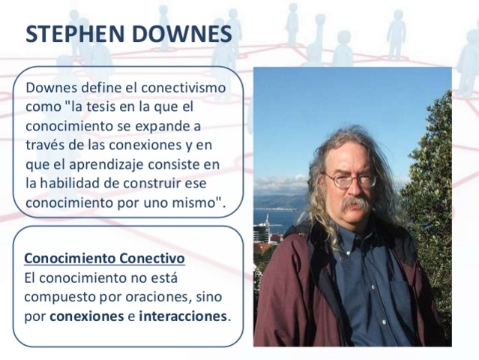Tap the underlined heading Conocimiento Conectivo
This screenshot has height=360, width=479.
104,259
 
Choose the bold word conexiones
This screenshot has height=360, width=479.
86,316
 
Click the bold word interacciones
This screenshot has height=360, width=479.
182,316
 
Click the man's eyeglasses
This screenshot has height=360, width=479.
349,179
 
